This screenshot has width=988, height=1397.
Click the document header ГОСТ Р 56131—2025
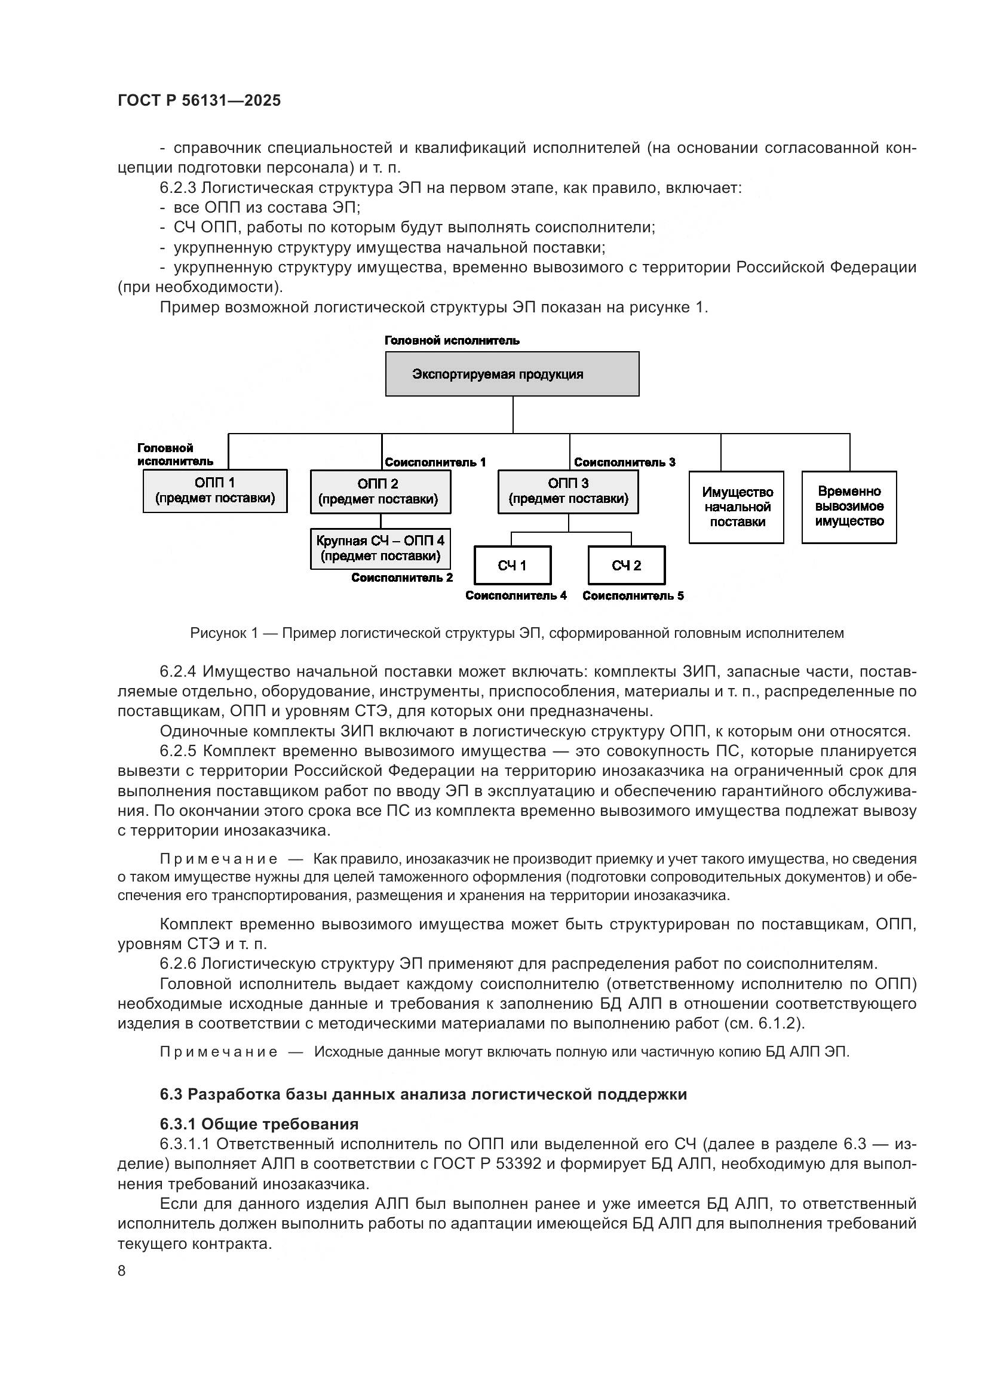[199, 100]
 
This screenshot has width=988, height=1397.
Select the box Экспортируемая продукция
[512, 373]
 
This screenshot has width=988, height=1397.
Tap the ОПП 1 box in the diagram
[215, 490]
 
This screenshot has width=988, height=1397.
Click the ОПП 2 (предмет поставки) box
[380, 492]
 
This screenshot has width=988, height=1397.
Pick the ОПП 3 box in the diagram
[567, 492]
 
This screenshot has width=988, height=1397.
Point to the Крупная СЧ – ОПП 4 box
[380, 548]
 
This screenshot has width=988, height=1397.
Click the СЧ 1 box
[512, 565]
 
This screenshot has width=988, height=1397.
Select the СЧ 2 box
[626, 565]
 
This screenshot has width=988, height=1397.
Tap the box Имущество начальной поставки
[736, 507]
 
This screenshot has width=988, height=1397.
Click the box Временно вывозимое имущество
[849, 506]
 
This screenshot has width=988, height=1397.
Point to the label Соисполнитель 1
[435, 462]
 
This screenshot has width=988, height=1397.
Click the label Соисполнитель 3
[624, 462]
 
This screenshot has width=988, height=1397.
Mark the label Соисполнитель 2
[401, 578]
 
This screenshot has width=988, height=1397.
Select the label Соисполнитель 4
[516, 595]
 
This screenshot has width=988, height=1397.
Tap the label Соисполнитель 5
[633, 595]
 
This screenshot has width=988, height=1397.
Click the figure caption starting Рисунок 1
[517, 633]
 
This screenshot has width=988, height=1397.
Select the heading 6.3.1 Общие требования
[259, 1123]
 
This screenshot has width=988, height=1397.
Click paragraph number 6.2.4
[177, 671]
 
